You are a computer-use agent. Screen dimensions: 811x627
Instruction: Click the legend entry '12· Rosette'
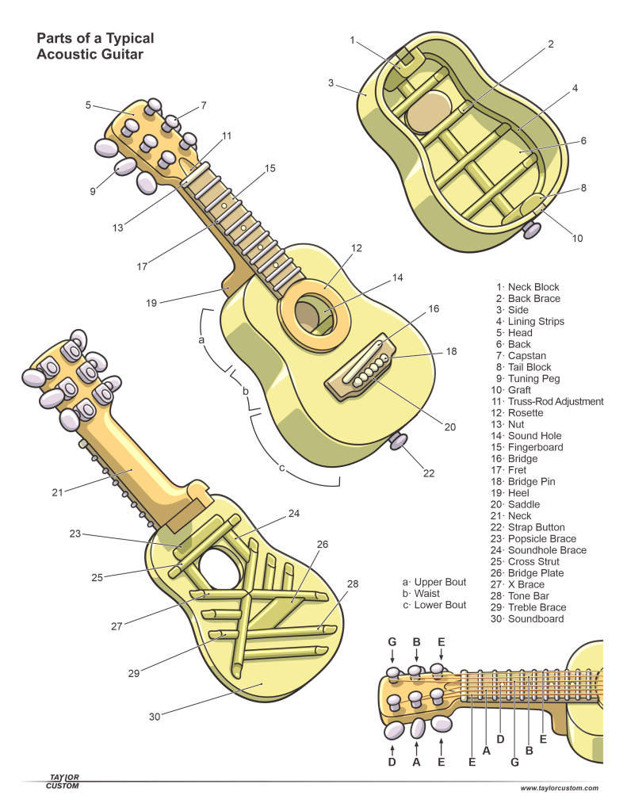point(519,413)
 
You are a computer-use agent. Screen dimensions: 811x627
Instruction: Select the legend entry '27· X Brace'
point(522,584)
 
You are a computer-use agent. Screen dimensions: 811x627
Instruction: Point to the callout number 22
point(429,473)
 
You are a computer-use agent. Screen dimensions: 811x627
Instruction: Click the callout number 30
point(155,716)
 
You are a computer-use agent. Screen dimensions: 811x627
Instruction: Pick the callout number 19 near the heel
point(152,302)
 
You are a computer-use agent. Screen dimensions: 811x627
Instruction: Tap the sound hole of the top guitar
point(308,316)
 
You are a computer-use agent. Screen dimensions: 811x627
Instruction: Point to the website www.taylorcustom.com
point(560,788)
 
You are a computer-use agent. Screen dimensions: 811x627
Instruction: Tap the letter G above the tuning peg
point(392,641)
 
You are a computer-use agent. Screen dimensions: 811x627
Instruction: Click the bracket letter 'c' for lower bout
point(281,468)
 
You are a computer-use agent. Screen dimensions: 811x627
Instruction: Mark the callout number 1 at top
point(353,40)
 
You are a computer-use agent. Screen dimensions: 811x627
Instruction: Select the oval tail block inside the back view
point(532,203)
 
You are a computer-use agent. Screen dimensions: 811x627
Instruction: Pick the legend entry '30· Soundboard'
point(530,618)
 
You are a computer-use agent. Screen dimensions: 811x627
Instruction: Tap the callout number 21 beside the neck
point(57,492)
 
